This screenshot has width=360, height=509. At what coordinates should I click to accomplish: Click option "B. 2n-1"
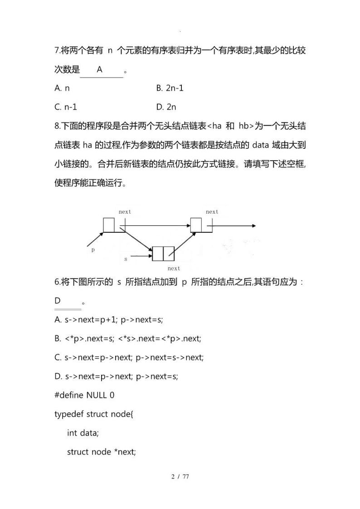coord(170,88)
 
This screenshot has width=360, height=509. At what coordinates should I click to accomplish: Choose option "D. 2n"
coord(166,107)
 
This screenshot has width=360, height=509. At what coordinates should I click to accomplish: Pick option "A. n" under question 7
coord(62,88)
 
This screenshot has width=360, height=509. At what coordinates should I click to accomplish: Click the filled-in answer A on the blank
coord(100,69)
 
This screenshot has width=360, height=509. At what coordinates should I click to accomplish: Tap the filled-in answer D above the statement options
coord(58,300)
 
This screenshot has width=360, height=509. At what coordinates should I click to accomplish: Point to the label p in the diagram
coord(93,250)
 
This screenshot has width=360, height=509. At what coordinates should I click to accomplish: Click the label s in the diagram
coord(126,259)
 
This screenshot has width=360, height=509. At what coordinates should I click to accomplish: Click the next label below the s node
coord(174,269)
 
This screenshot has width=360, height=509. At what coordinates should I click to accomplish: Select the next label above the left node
coord(125,212)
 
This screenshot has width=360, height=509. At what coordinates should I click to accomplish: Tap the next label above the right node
coord(212,212)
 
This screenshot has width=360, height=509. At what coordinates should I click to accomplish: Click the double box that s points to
coord(163,254)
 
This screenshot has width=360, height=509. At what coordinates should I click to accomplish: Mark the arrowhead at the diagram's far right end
coord(253,225)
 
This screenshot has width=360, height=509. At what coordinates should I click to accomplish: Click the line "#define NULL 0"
coord(84,395)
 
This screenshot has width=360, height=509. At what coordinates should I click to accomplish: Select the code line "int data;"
coord(83,433)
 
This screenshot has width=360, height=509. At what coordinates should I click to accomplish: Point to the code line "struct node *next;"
coord(102,452)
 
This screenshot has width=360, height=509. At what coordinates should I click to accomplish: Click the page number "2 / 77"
coord(180,477)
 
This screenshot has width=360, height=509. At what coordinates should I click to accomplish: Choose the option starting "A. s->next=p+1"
coord(108,319)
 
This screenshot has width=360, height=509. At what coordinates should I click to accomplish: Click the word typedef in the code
coord(68,414)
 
